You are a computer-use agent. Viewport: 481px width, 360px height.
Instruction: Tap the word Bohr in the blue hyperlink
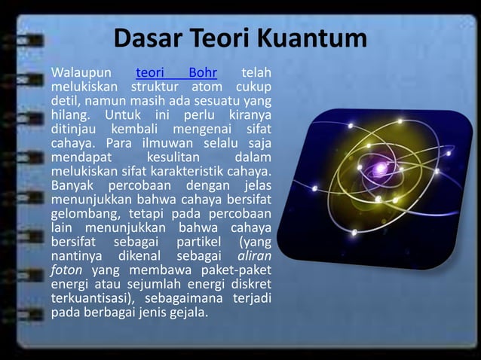click(x=203, y=73)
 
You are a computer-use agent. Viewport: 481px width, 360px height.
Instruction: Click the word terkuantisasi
click(x=90, y=300)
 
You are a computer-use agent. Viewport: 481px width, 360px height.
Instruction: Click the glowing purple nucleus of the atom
click(x=378, y=168)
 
